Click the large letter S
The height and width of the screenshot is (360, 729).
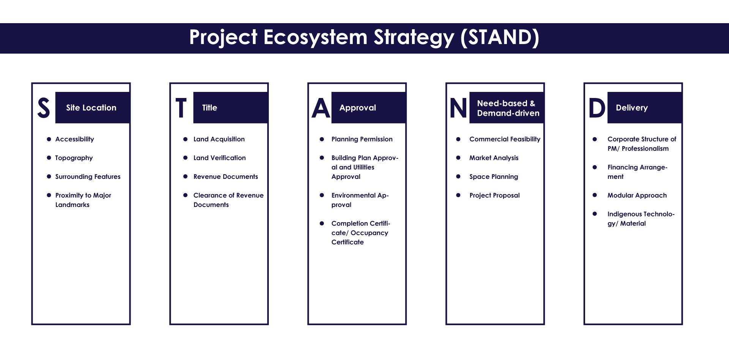[x=44, y=108]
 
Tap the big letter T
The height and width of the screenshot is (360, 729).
[x=181, y=108]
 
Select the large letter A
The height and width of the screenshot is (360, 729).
[x=321, y=108]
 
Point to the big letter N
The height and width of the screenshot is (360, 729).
[x=458, y=108]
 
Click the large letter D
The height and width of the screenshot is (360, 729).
[x=597, y=108]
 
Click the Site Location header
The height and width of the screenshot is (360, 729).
[x=91, y=108]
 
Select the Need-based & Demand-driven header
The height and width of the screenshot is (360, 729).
[x=508, y=108]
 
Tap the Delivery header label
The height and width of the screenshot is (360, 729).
[x=632, y=108]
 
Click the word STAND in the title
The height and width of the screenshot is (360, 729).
[x=500, y=37]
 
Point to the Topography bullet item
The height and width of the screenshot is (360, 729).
[x=74, y=158]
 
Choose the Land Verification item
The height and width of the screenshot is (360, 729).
[x=219, y=158]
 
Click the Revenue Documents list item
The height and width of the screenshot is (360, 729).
[x=226, y=177]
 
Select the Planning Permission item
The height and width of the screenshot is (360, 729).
[x=362, y=139]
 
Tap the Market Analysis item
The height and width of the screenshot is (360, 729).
[x=494, y=158]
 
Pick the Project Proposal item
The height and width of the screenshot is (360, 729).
[x=494, y=196]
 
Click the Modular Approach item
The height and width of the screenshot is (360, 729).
[x=637, y=196]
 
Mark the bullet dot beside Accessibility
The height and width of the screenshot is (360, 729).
[x=49, y=139]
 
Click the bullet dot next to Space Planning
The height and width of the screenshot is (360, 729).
[x=458, y=177]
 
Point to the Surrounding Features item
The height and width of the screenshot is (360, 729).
[x=88, y=177]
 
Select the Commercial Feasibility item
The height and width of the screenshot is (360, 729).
[x=505, y=139]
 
